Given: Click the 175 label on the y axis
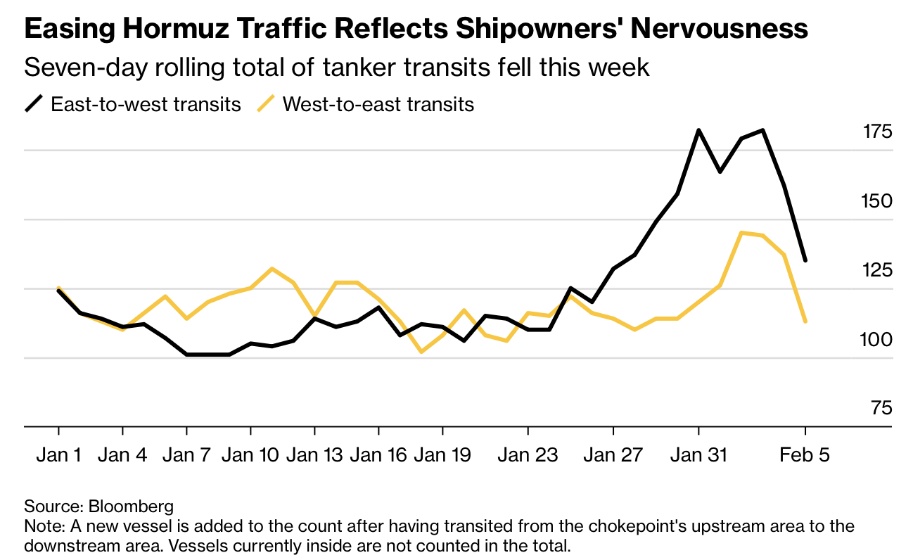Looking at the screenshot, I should (877, 132).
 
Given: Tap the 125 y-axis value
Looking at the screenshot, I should (877, 270).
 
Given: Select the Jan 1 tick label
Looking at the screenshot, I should (58, 455).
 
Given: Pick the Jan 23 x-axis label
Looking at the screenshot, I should (528, 455).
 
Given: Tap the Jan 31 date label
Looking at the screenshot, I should (698, 455).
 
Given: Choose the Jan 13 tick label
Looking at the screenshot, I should (314, 455).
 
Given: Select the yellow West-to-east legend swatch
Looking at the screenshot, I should (266, 105).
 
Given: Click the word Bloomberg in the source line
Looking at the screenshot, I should (131, 506).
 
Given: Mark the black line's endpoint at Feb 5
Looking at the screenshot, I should (805, 260).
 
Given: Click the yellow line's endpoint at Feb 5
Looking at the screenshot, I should (805, 322).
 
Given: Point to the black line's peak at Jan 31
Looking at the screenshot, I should (698, 130).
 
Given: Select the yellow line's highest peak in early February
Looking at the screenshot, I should (741, 232).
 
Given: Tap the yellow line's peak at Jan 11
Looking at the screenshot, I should (272, 268).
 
